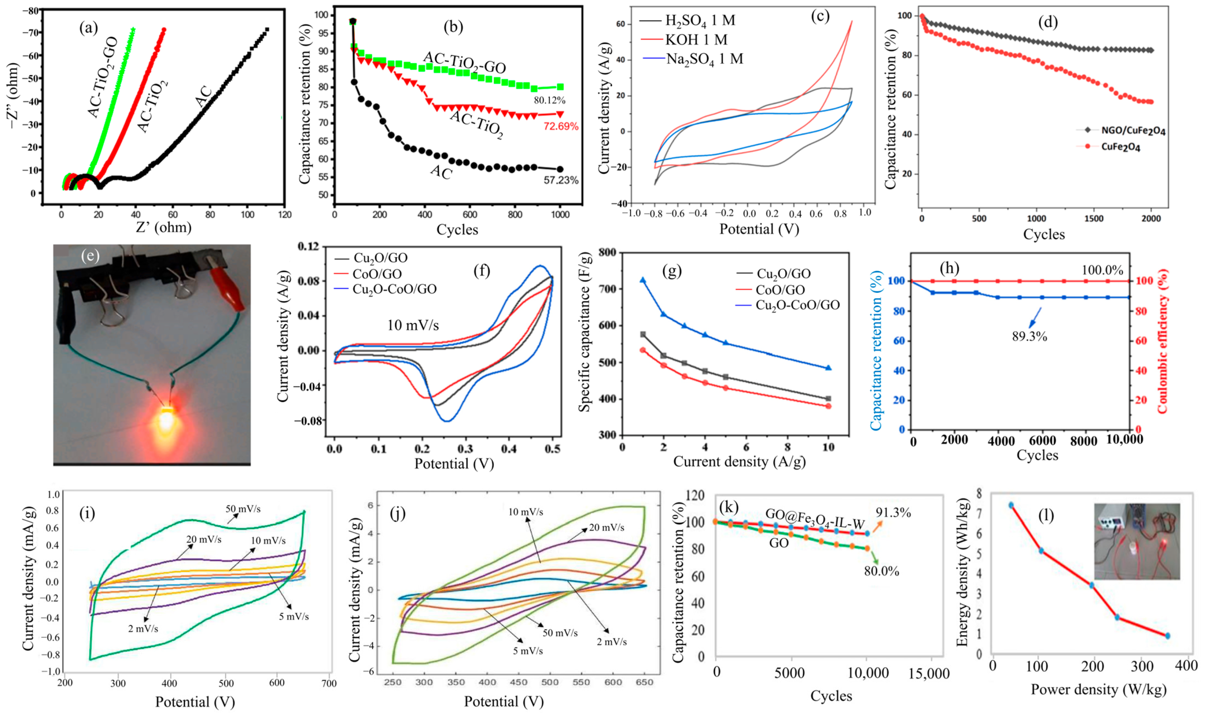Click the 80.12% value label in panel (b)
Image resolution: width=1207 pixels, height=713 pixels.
tap(549, 100)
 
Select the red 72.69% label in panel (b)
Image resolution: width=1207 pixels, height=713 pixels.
tap(561, 126)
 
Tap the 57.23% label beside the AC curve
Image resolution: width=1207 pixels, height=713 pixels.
tap(561, 180)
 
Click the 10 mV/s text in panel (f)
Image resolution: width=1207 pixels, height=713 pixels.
tap(413, 326)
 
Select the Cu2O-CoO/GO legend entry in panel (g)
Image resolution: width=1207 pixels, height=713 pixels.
tap(798, 305)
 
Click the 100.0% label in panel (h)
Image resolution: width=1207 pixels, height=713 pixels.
tap(1102, 270)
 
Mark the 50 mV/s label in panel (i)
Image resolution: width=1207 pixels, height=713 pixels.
tap(243, 509)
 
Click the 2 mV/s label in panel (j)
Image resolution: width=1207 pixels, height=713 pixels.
tap(612, 642)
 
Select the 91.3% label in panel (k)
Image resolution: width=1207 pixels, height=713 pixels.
tap(893, 513)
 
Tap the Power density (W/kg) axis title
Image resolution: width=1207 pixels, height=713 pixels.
tap(1098, 689)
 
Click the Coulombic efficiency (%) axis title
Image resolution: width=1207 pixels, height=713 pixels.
tap(1163, 341)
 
